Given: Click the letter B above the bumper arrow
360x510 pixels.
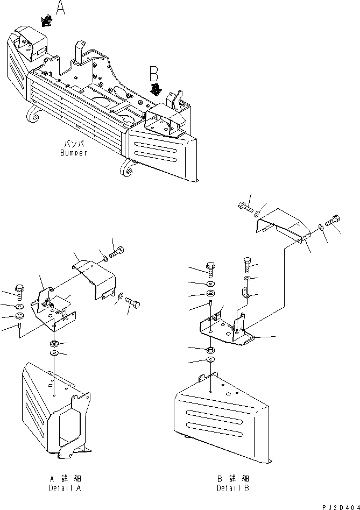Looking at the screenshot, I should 154,73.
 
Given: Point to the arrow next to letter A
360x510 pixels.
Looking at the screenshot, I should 46,20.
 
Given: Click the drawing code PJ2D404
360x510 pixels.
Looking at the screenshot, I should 338,506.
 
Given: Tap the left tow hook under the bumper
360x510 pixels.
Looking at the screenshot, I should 33,118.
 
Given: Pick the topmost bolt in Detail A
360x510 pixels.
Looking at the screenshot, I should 117,251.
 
